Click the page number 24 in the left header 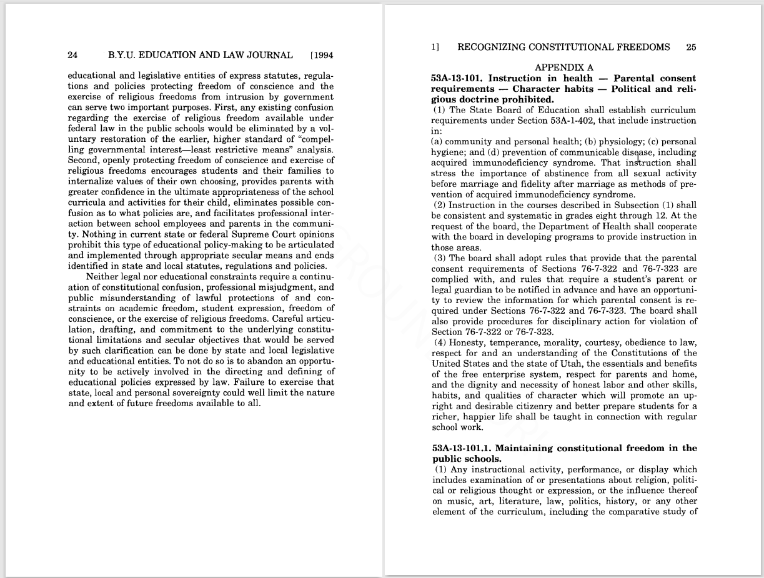pos(72,55)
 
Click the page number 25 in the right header pos(691,47)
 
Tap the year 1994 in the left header pos(324,55)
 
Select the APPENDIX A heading pos(563,67)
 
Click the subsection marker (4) pos(440,342)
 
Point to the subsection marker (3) pos(440,258)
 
